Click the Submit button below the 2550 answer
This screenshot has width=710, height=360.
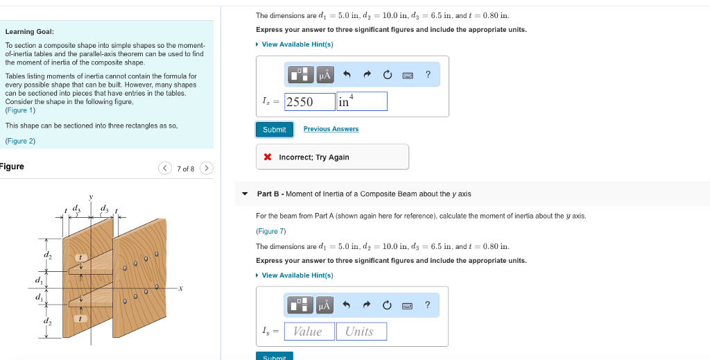coord(275,130)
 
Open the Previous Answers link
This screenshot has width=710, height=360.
coord(331,129)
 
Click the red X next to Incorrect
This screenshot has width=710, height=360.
coord(268,157)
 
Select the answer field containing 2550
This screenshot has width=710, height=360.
coord(309,102)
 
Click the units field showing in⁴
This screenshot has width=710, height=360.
coord(361,102)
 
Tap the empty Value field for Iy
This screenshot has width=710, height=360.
coord(309,332)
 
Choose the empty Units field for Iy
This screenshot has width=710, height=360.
coord(361,332)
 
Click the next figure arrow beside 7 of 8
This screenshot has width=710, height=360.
coord(207,169)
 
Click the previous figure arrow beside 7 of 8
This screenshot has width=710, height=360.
coord(165,169)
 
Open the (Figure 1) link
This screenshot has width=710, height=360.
coord(20,110)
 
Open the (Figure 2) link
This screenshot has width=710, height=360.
coord(20,141)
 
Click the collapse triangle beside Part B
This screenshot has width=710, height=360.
coord(245,194)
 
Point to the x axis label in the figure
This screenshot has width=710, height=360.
coord(180,289)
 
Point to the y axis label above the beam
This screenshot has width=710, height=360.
coord(90,197)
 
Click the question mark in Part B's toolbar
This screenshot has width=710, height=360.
coord(427,305)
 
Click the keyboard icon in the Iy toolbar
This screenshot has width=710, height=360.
coord(408,305)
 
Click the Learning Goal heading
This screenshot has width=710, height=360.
coord(29,32)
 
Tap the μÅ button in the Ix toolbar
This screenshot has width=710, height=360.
coord(324,74)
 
